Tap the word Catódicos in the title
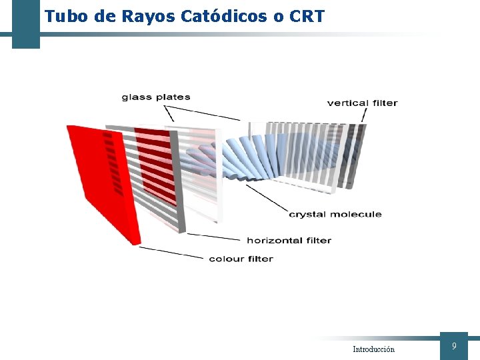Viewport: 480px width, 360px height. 224,16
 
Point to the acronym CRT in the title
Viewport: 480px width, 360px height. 307,16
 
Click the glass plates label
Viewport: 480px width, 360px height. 156,97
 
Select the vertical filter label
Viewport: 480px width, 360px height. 362,103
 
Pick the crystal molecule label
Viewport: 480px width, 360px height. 335,214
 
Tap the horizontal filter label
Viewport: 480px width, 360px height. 289,240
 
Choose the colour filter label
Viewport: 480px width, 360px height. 241,259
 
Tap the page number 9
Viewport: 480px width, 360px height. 454,346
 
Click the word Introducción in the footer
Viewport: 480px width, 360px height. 373,349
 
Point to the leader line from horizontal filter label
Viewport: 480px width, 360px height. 213,237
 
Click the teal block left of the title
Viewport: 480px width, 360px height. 25,24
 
